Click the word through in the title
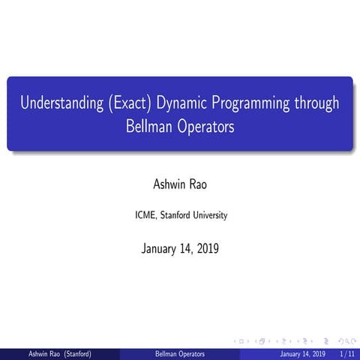319,103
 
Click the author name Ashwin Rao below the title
180,184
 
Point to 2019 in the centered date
205,248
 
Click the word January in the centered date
160,248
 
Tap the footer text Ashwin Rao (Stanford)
59,353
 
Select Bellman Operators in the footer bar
180,353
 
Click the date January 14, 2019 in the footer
302,353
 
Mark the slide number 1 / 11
346,353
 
